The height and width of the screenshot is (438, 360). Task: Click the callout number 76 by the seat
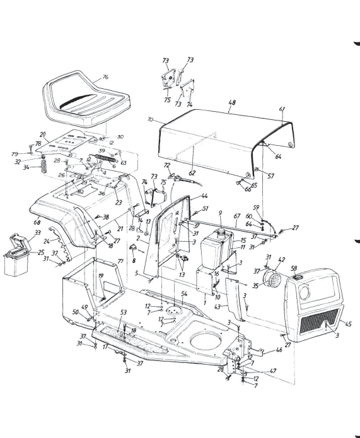click(105, 77)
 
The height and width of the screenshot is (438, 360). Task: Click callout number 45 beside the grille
click(349, 324)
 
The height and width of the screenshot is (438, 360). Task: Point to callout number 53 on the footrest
click(124, 312)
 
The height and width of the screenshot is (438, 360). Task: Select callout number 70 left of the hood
click(150, 119)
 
